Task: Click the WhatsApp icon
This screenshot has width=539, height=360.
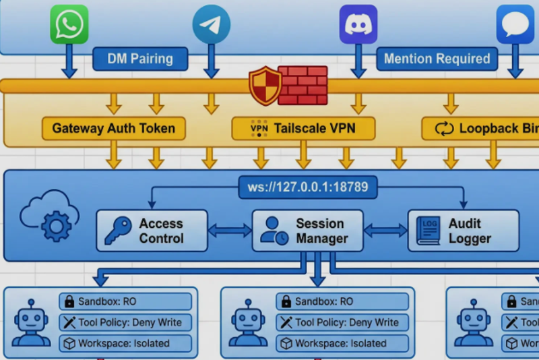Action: click(x=69, y=24)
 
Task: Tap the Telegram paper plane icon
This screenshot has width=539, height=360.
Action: click(x=211, y=24)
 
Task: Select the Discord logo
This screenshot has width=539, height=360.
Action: click(x=358, y=24)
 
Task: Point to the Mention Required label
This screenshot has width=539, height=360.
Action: click(x=437, y=59)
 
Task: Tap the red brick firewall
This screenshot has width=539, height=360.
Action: click(x=303, y=85)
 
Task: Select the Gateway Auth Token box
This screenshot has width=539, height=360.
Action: click(x=113, y=128)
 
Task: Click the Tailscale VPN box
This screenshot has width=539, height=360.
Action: click(x=303, y=128)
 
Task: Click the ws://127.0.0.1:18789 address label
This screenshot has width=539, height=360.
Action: click(x=308, y=187)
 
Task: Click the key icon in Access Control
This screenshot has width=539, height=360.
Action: click(x=118, y=231)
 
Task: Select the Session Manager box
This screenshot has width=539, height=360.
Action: click(x=307, y=231)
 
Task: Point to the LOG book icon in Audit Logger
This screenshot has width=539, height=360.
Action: click(x=428, y=231)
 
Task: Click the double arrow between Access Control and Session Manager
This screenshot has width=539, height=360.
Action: click(x=230, y=231)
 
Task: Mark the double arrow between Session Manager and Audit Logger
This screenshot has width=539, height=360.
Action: click(x=385, y=231)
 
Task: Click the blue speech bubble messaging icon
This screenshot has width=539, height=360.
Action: click(x=515, y=24)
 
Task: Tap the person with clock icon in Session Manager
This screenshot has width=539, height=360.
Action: click(x=274, y=231)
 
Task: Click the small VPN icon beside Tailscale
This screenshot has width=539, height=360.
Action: click(x=259, y=128)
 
